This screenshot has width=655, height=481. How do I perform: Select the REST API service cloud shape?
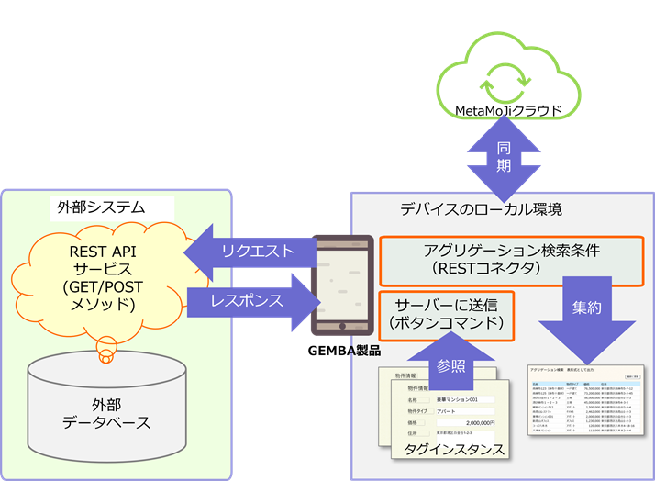pos(105,275)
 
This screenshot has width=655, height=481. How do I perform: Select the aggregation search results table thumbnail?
pos(586,405)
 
